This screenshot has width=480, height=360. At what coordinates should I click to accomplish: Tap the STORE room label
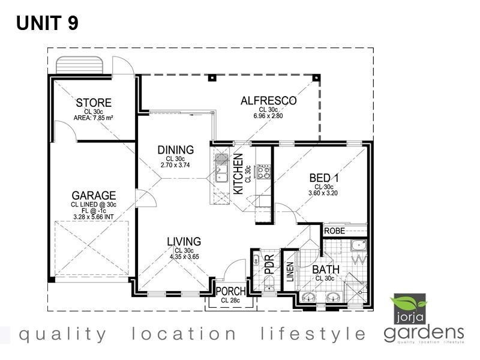(94, 103)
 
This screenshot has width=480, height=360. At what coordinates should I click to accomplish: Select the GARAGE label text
(94, 196)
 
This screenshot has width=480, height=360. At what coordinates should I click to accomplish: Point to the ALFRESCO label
(268, 101)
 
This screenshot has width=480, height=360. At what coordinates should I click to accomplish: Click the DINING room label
(175, 150)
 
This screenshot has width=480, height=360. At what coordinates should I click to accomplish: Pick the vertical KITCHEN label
(238, 173)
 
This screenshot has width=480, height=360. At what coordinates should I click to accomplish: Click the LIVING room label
(184, 242)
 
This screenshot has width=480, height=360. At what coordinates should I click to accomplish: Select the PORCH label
(230, 292)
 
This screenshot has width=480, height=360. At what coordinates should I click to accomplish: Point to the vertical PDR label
(269, 266)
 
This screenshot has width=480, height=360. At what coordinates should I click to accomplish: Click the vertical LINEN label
(290, 272)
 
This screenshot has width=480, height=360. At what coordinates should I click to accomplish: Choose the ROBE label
(334, 230)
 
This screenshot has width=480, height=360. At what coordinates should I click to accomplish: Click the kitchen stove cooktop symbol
(263, 172)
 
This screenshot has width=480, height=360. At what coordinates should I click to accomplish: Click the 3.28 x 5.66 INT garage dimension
(94, 217)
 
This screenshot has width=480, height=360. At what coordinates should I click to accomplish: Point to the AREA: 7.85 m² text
(94, 118)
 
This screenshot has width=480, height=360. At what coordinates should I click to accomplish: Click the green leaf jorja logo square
(408, 308)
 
